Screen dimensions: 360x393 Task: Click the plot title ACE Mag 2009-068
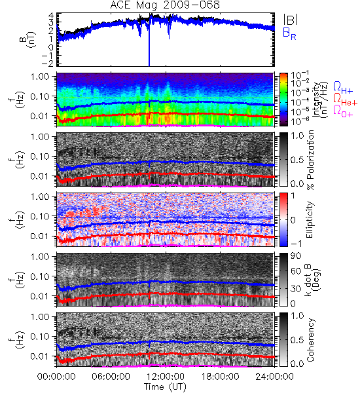click(x=165, y=5)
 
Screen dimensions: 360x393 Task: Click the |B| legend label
click(x=291, y=20)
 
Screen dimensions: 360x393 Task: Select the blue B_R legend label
click(x=289, y=33)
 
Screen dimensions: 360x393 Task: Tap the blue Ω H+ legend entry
click(x=343, y=88)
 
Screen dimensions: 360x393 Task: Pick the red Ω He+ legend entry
click(x=345, y=100)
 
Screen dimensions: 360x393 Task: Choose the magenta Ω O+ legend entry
click(x=343, y=111)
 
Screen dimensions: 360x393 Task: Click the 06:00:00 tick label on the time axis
click(x=111, y=377)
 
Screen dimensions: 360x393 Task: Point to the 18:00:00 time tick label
click(x=220, y=377)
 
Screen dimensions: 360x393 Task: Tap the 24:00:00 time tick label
click(x=274, y=377)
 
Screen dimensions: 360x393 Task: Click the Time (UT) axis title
click(x=165, y=386)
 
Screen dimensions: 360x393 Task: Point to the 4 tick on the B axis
click(x=51, y=16)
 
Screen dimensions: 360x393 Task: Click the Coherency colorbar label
click(x=310, y=340)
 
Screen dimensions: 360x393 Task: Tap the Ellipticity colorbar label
click(x=310, y=220)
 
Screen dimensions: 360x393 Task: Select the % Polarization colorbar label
click(x=310, y=160)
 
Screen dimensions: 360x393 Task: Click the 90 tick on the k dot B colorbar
click(x=296, y=256)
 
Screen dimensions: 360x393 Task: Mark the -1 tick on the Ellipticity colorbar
click(x=296, y=244)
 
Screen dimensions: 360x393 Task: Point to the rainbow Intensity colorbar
click(x=283, y=100)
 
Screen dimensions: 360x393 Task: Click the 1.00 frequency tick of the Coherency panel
click(x=39, y=317)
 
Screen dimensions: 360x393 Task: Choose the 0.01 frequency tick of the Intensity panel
click(x=39, y=116)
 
